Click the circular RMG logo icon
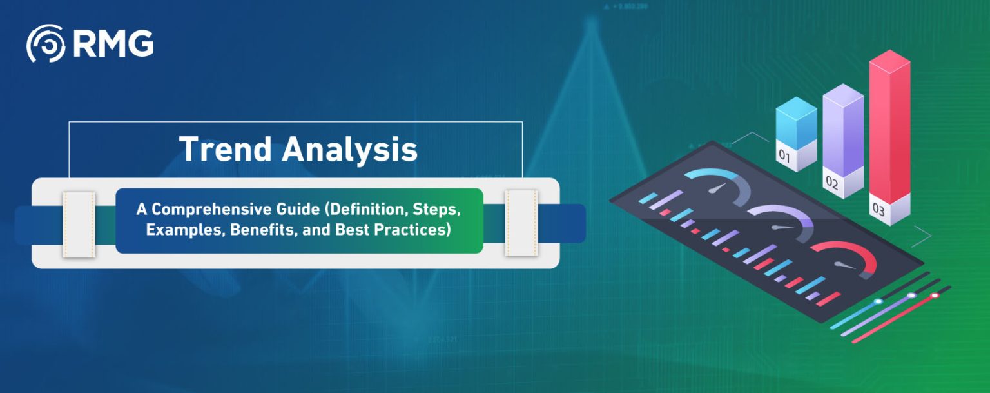point(45,44)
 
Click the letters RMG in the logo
point(113,44)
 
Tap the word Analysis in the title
point(349,149)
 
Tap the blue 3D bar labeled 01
point(796,126)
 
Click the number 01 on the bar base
point(784,156)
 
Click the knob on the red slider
point(935,296)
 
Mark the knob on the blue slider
point(877,301)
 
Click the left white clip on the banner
point(79,223)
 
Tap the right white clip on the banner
point(521,223)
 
